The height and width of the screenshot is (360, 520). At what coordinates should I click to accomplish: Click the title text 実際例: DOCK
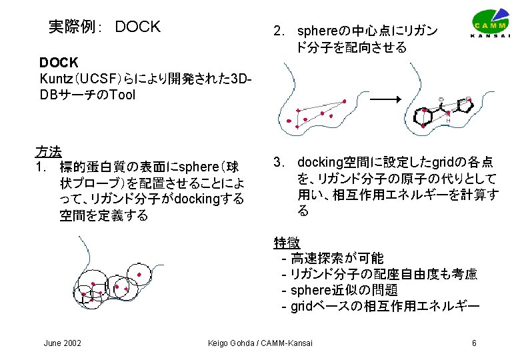tap(105, 27)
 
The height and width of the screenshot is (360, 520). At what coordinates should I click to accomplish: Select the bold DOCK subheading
tap(59, 63)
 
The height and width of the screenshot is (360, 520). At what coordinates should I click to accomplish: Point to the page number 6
tap(473, 343)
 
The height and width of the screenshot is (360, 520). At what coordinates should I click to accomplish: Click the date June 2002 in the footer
tap(62, 343)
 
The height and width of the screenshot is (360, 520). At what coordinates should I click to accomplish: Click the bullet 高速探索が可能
tap(337, 258)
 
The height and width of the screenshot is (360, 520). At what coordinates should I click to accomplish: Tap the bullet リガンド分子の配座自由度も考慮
tap(383, 274)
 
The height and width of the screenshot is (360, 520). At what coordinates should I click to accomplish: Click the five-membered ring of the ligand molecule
tap(467, 104)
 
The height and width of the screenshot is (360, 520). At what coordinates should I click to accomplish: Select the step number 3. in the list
tap(279, 162)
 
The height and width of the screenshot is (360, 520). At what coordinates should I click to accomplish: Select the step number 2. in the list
tap(279, 31)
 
